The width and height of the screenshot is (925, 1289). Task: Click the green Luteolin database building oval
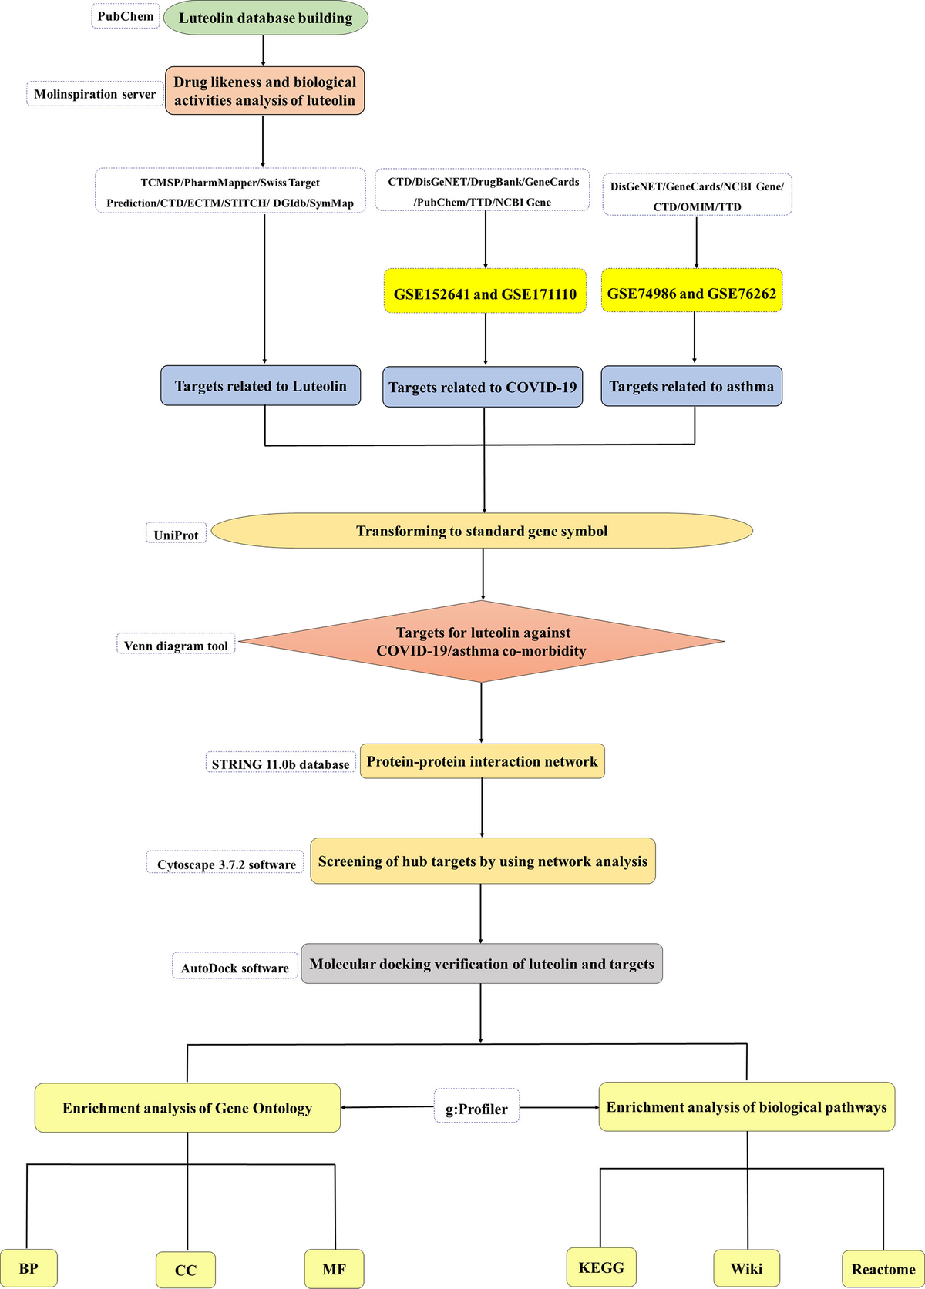pos(265,18)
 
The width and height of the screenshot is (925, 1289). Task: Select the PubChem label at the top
pos(126,16)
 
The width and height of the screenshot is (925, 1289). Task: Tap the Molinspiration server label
pos(95,94)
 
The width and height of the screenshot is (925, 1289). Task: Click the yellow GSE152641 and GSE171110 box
pos(485,290)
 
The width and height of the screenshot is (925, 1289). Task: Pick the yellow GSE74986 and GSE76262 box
pos(691,290)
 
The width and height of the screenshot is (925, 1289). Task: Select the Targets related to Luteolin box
pos(261,385)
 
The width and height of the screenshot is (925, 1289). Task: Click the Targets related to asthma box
pos(691,386)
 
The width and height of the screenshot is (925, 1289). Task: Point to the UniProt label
pos(177,533)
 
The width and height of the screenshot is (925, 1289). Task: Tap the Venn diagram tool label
pos(177,644)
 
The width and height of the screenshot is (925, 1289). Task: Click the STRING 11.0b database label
pos(281,762)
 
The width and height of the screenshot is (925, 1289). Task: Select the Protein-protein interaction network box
pos(483,760)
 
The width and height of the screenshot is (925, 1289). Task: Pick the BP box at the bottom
pos(29,1267)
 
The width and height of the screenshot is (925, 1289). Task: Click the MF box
pos(334,1268)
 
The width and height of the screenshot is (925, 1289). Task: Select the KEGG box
pos(601,1267)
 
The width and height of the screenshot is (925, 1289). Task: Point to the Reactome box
pos(883,1269)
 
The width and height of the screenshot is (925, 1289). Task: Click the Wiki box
pos(747,1267)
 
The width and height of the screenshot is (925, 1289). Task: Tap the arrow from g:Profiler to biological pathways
pos(560,1108)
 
